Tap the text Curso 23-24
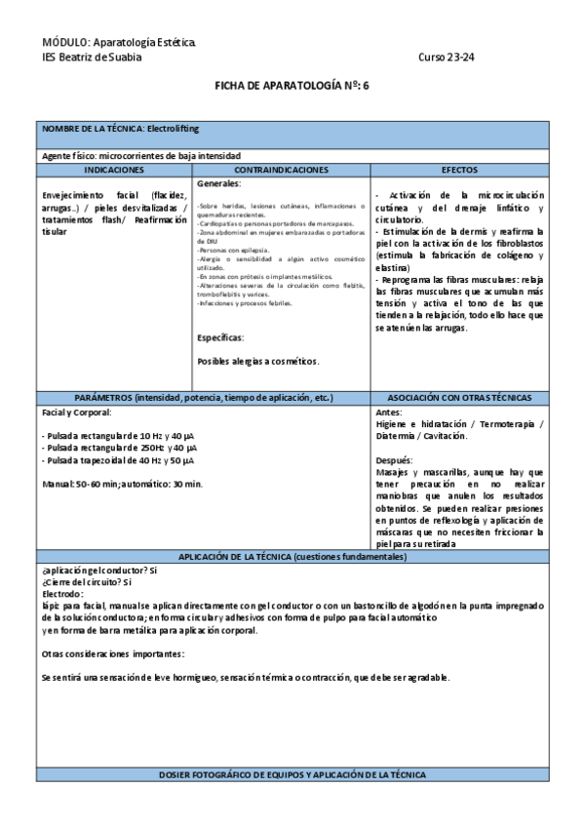click(x=447, y=57)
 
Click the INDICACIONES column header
click(x=115, y=170)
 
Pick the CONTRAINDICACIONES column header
click(x=282, y=170)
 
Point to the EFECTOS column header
click(x=459, y=170)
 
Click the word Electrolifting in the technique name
click(x=173, y=129)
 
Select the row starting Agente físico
click(x=140, y=156)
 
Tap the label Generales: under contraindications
click(x=219, y=183)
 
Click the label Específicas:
click(x=220, y=337)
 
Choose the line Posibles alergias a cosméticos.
click(x=257, y=361)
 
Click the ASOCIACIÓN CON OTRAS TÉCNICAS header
click(x=459, y=398)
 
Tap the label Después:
click(x=394, y=459)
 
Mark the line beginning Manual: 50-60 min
click(x=122, y=484)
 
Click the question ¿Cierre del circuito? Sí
click(x=87, y=581)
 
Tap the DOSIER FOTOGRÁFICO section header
click(x=292, y=774)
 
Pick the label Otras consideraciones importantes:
click(x=114, y=653)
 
